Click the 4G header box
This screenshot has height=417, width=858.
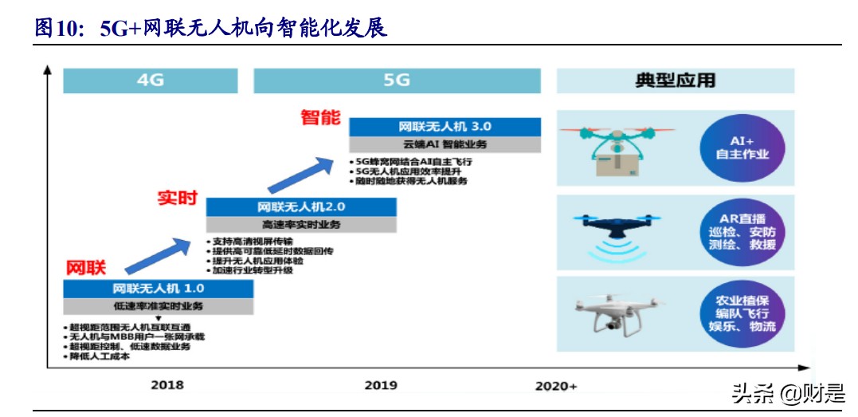150,80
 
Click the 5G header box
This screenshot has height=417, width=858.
397,80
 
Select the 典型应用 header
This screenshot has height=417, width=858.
675,80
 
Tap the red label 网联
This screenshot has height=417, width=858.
86,267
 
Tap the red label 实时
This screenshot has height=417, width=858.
177,198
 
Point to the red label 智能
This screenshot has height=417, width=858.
320,117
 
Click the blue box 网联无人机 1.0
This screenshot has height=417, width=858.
159,288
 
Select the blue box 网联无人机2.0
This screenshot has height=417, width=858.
302,207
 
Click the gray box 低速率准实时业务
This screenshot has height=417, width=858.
159,305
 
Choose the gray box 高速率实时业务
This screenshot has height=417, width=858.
302,225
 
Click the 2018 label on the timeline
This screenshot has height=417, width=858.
167,385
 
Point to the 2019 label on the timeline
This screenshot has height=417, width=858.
381,385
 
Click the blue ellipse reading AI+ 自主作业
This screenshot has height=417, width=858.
742,148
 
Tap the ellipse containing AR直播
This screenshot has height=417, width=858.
742,231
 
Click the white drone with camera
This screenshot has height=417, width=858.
609,313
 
